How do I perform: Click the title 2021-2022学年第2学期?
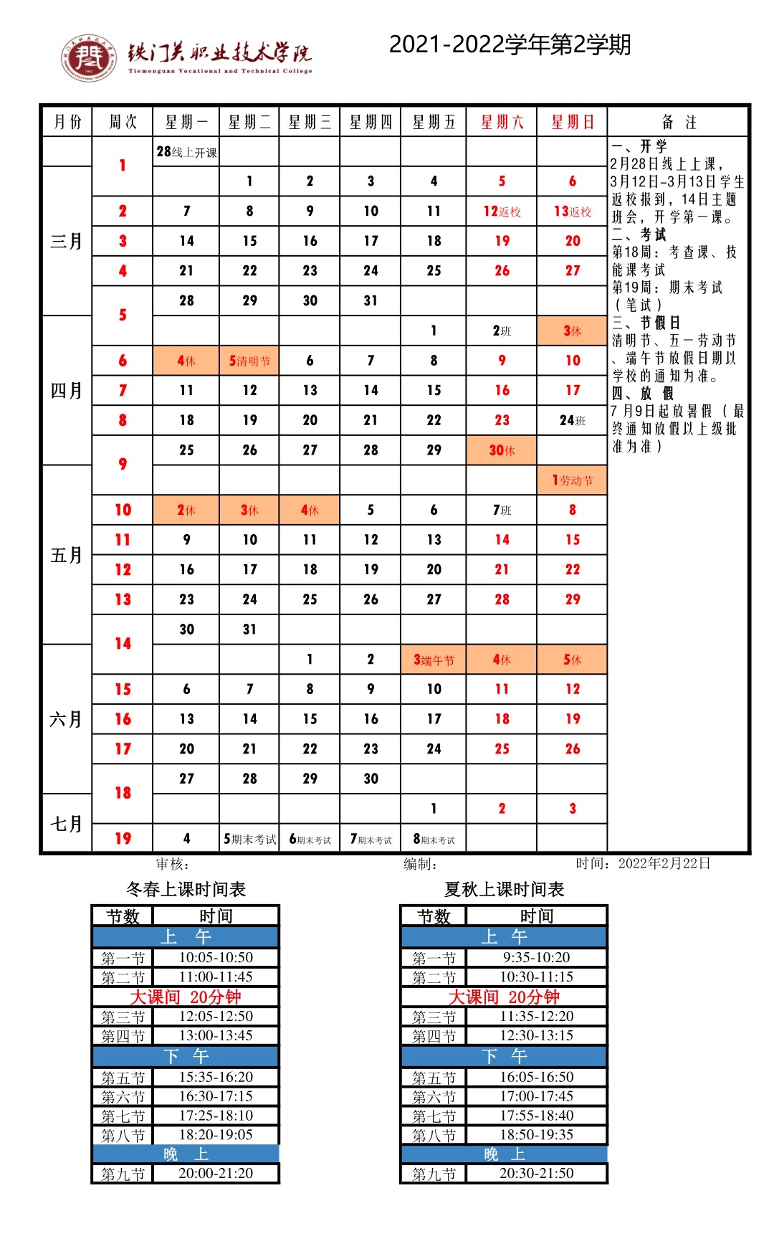510,44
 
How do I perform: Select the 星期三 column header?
310,122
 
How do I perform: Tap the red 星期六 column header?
502,122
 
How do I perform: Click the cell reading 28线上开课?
186,152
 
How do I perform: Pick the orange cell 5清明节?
249,361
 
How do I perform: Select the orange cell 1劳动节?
572,480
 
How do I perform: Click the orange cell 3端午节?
434,660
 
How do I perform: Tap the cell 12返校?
502,212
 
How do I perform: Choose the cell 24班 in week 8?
572,420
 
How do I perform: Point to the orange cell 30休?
502,450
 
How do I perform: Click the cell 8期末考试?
434,839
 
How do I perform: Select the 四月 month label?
67,391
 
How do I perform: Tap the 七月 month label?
67,824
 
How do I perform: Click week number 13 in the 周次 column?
123,599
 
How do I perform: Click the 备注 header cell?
678,122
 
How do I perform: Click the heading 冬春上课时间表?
186,890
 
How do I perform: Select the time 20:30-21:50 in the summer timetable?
536,1173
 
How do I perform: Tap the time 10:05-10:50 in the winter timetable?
216,957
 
